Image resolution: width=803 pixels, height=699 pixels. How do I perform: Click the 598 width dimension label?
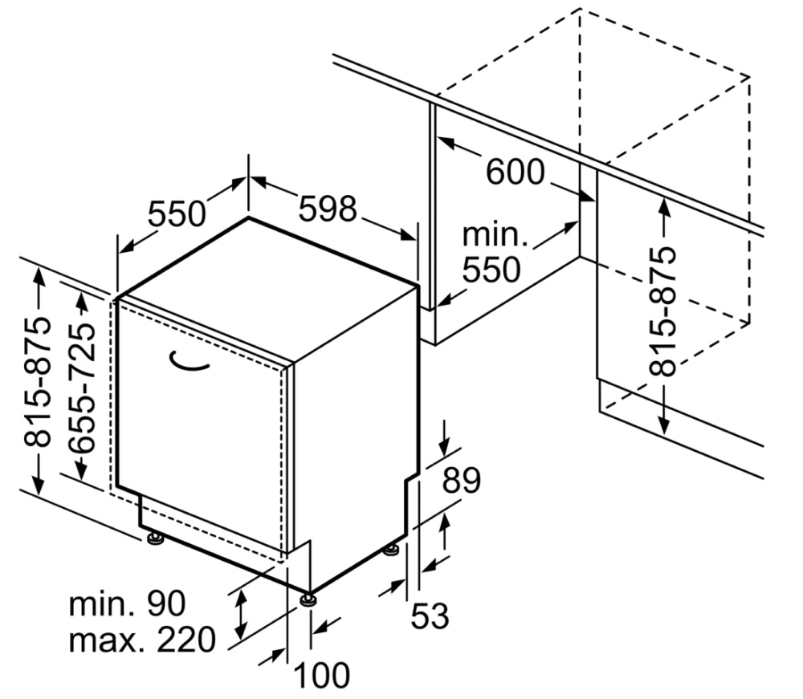tap(328, 209)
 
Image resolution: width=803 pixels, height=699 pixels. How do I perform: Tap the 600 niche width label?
tap(516, 172)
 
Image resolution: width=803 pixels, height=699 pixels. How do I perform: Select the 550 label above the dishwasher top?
tap(177, 213)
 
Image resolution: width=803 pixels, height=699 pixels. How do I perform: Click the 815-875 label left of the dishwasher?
tap(38, 382)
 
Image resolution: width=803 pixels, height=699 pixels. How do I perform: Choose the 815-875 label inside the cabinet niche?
tap(662, 312)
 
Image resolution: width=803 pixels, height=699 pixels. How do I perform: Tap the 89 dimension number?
tap(462, 480)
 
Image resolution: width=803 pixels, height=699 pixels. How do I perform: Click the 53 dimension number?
tap(430, 615)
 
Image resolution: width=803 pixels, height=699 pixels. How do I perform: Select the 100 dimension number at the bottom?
tap(322, 674)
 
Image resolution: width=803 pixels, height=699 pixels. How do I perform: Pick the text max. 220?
tap(142, 640)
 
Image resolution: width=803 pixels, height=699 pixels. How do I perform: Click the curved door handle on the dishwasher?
tap(189, 360)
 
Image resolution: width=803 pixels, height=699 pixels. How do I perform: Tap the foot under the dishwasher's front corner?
tap(308, 599)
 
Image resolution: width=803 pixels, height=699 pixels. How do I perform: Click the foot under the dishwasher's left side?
tap(154, 538)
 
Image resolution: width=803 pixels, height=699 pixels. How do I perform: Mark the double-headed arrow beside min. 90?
tap(240, 612)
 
